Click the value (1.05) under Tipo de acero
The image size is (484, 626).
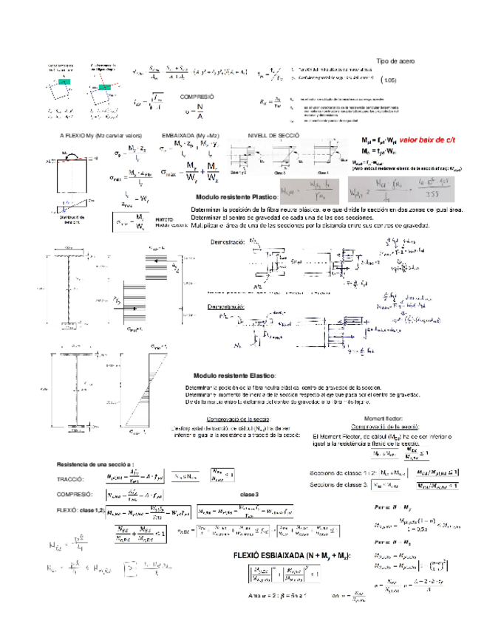click(390, 80)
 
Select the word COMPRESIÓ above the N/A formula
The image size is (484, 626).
click(197, 97)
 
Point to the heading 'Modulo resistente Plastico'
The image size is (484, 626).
click(236, 197)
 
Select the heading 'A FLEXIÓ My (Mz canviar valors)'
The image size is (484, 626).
click(100, 137)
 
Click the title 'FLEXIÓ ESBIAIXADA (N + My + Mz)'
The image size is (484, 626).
click(291, 555)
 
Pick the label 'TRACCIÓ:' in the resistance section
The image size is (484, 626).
click(71, 479)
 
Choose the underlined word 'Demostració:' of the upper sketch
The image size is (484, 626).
click(227, 243)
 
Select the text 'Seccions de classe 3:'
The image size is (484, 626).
click(339, 485)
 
